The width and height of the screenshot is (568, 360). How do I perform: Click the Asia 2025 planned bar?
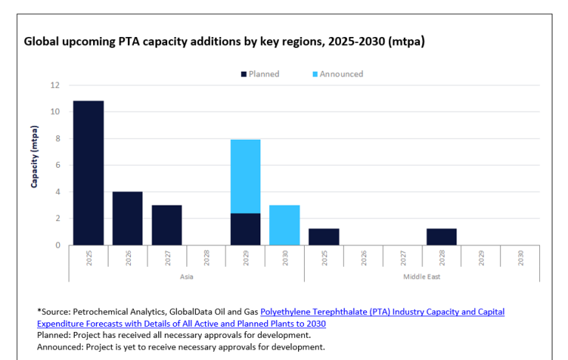coord(88,172)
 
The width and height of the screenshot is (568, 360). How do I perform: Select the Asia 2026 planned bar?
coord(127,218)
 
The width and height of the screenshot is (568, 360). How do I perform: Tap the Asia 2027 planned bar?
coord(166,225)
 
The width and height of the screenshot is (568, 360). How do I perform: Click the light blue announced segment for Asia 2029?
coord(246,176)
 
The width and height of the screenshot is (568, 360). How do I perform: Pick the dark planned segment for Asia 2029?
coord(246,229)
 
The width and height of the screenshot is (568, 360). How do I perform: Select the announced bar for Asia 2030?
coord(284,225)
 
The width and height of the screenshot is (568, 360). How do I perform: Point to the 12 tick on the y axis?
coord(54,85)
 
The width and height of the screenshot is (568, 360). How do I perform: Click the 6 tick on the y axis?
coord(56,165)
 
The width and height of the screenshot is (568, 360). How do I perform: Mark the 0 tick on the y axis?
coord(56,245)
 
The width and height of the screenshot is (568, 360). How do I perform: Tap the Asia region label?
coord(186,276)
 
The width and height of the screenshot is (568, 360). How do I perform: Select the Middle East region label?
coord(422,276)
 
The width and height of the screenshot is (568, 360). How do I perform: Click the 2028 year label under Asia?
coord(206,258)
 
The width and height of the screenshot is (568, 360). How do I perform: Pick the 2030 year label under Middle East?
coord(520,258)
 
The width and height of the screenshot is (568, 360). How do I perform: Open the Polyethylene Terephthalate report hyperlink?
coord(382,312)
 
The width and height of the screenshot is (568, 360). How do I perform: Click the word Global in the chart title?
coord(43,41)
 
